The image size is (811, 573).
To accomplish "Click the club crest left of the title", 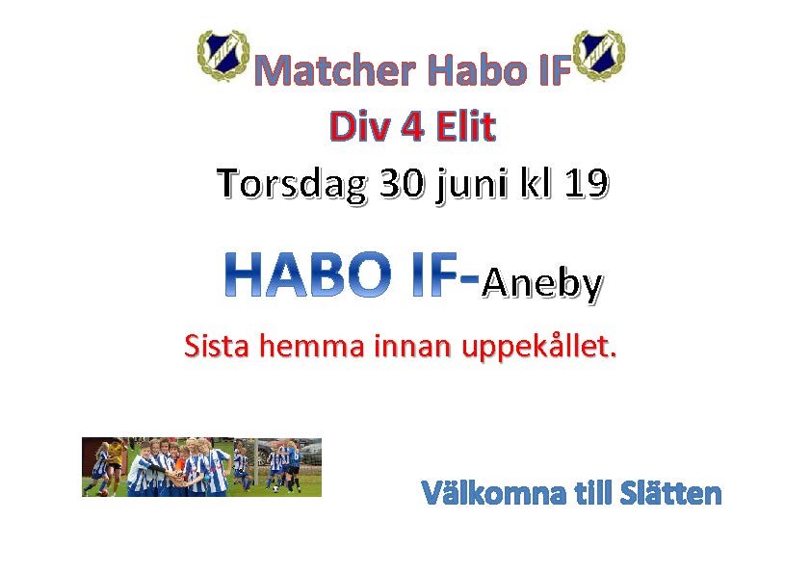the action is (x=223, y=55).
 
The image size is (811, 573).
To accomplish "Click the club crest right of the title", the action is (x=599, y=55).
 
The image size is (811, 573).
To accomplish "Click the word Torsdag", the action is (x=292, y=184).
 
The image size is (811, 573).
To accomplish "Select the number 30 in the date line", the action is (x=402, y=184).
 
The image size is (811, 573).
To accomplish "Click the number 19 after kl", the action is (x=586, y=184).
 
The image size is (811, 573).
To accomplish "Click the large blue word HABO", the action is (x=308, y=274).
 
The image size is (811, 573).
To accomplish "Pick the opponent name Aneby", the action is (x=542, y=283).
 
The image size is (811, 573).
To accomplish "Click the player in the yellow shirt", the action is (x=115, y=462).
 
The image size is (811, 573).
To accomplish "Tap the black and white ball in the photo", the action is (x=276, y=488).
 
